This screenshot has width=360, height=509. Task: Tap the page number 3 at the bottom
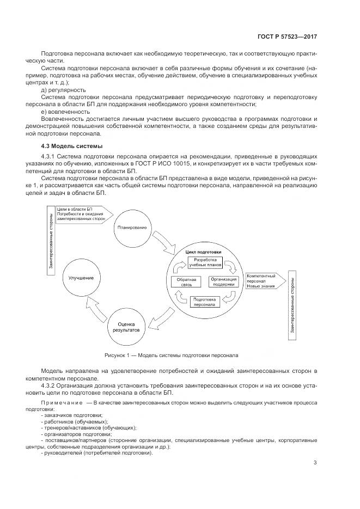click(315, 463)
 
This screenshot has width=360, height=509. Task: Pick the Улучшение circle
click(81, 278)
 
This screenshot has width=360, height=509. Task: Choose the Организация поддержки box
click(223, 281)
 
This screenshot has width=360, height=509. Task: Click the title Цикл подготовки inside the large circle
click(203, 253)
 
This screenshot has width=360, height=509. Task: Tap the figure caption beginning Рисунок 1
click(172, 355)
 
